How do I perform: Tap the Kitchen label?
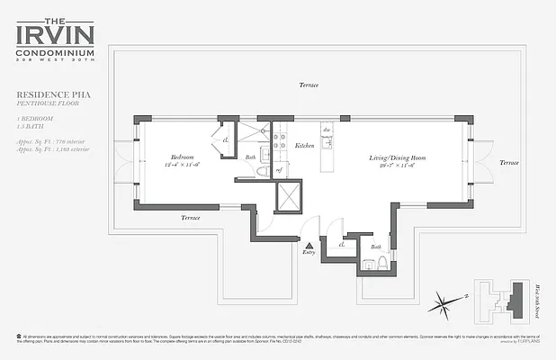coord(304,145)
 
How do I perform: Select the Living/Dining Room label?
coord(397,157)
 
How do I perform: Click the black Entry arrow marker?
coord(309,245)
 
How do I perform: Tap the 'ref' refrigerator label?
coord(279,168)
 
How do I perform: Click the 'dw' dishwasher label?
coord(327,130)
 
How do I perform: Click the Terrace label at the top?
coord(309,85)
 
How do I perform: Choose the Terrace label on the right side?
coord(509,163)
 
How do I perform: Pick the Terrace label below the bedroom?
coord(190,217)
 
